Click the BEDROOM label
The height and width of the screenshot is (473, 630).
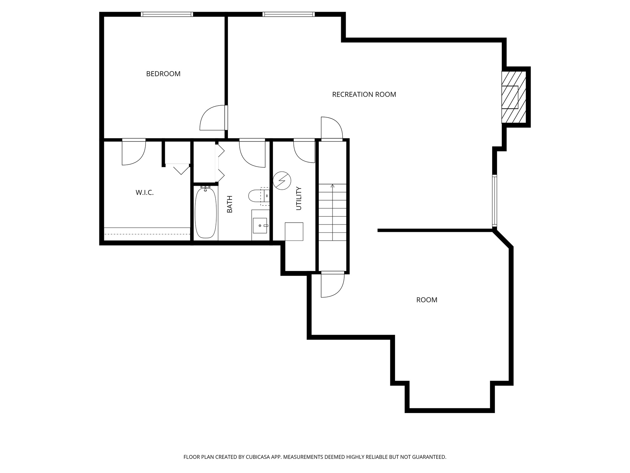tap(163, 74)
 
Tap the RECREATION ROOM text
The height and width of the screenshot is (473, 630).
tap(364, 95)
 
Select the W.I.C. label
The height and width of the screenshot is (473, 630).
tap(145, 193)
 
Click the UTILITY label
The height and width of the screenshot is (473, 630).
tap(298, 198)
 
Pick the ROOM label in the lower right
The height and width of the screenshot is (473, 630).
tap(427, 300)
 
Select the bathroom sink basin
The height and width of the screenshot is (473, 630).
tap(260, 225)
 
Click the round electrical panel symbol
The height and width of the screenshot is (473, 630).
tap(282, 180)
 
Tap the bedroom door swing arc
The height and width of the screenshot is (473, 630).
tap(212, 119)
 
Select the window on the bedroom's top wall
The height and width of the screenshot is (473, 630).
tap(167, 14)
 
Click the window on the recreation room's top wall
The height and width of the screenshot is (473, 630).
tap(289, 14)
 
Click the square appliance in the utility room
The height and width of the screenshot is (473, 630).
tap(294, 232)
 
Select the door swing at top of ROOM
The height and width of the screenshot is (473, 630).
tap(332, 285)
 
